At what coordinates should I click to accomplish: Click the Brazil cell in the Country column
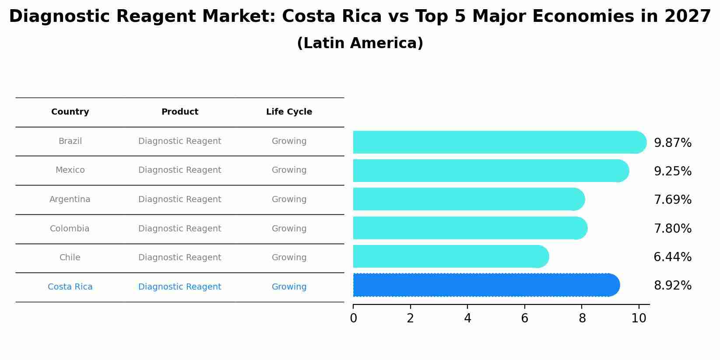[70, 141]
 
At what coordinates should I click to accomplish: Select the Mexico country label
[70, 170]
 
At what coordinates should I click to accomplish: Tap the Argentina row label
[70, 199]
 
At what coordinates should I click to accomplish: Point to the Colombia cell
[70, 229]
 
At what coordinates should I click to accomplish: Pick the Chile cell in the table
[70, 258]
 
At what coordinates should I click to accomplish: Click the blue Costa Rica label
[70, 287]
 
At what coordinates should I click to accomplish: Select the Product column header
[180, 112]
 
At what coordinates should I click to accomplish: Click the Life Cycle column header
[289, 112]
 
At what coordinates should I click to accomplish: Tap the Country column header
[70, 112]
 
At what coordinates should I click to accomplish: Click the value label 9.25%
[672, 171]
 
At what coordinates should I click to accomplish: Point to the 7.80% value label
[672, 229]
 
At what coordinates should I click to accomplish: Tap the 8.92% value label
[672, 286]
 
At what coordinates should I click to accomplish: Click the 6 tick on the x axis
[524, 318]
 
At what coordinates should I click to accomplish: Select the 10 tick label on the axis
[639, 318]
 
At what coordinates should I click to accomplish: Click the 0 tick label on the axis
[353, 318]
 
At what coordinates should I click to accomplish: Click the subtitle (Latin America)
[360, 43]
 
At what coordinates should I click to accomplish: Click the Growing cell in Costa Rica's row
[289, 287]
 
